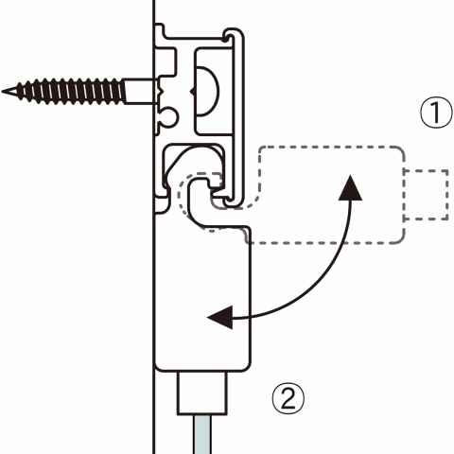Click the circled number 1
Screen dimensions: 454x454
(x=437, y=113)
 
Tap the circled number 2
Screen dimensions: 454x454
(x=288, y=398)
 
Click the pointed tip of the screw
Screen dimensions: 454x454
(x=4, y=92)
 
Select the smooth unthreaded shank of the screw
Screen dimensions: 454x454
(x=139, y=92)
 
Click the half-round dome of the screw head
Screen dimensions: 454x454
(x=207, y=92)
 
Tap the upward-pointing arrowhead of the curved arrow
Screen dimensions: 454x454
(x=350, y=187)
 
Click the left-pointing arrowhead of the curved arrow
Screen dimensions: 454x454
(x=219, y=317)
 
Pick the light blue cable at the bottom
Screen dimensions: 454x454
(x=202, y=434)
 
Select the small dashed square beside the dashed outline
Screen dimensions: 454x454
(x=426, y=195)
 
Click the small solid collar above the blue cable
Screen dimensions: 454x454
(x=202, y=393)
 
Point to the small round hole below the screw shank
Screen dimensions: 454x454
(x=169, y=117)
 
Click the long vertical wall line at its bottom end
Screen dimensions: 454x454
(x=154, y=453)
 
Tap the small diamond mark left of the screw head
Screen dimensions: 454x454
(x=192, y=92)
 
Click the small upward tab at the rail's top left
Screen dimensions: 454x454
(x=160, y=30)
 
